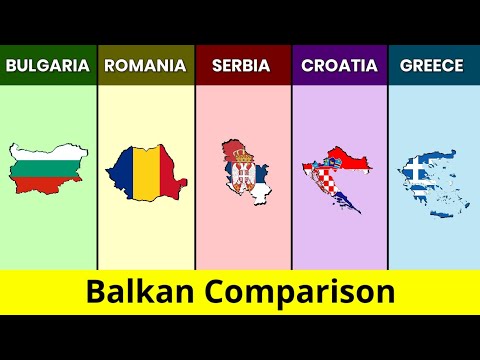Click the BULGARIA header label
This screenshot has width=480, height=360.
click(x=47, y=66)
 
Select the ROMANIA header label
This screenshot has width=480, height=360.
click(x=145, y=66)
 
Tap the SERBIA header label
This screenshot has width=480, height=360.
click(x=242, y=66)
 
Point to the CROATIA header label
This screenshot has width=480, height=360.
click(x=340, y=66)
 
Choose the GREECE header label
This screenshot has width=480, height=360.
click(x=431, y=66)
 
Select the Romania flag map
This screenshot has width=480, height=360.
click(x=144, y=173)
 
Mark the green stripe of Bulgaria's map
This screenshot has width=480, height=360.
click(x=47, y=171)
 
